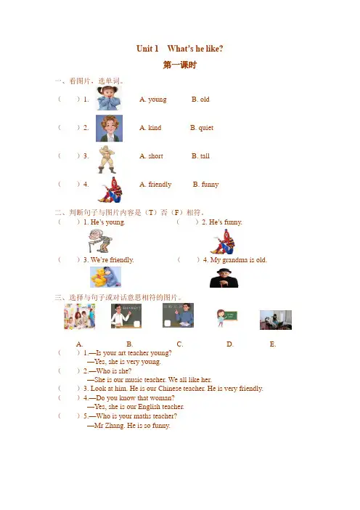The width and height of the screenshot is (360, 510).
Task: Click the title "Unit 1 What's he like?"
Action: (x=180, y=49)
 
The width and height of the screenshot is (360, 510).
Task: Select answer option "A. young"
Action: (x=152, y=100)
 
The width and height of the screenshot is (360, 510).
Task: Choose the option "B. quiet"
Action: (x=202, y=128)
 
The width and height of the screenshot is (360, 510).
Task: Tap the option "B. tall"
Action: (x=200, y=156)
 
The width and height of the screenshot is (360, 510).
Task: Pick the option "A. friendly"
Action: (x=155, y=185)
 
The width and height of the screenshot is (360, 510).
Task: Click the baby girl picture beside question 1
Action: (x=109, y=98)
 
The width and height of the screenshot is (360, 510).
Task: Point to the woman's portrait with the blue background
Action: (x=109, y=128)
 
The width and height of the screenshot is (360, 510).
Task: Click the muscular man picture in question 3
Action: (x=107, y=159)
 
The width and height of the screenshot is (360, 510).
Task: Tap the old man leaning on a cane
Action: (x=100, y=240)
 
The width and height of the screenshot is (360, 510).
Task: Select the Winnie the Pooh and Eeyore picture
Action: (x=105, y=277)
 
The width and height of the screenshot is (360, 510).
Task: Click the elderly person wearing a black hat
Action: (x=224, y=278)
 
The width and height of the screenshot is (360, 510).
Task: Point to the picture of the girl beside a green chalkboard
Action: (x=226, y=317)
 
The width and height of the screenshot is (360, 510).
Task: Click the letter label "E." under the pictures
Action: (x=273, y=344)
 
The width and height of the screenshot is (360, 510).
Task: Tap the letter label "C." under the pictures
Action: (x=180, y=344)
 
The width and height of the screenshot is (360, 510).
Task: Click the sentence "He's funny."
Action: (x=226, y=222)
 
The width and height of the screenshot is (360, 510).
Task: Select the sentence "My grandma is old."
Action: (x=239, y=260)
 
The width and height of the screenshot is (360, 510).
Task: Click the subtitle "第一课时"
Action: (x=180, y=65)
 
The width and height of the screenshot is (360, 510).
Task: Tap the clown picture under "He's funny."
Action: (x=223, y=242)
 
